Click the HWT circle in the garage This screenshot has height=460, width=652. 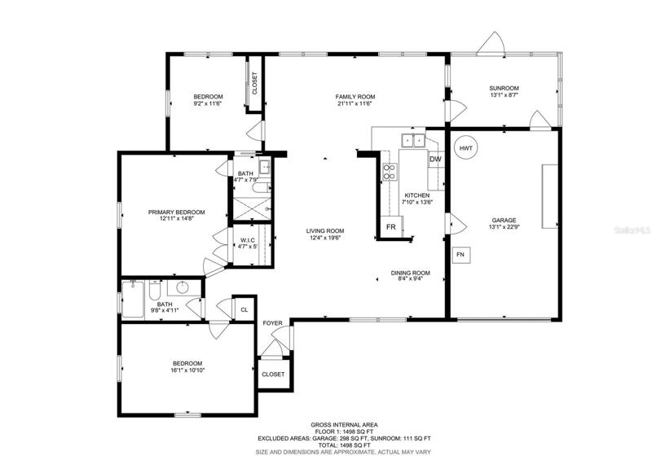click(x=466, y=148)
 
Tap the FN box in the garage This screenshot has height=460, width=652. click(x=460, y=255)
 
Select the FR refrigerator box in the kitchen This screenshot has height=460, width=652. click(x=391, y=227)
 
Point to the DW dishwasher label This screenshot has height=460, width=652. click(x=435, y=160)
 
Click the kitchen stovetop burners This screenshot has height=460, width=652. click(x=390, y=172)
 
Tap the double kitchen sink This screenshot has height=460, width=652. click(x=413, y=141)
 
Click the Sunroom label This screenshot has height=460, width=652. click(x=504, y=88)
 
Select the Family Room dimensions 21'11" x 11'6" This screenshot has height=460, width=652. click(x=355, y=103)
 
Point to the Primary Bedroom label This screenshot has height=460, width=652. click(x=177, y=212)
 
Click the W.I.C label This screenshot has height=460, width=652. click(x=248, y=241)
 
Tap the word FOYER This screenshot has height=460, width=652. click(x=272, y=323)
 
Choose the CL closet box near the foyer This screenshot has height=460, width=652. click(x=244, y=309)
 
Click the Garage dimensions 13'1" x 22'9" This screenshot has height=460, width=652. click(x=504, y=227)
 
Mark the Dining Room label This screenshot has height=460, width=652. click(x=411, y=273)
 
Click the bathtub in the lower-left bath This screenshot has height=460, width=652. click(x=133, y=300)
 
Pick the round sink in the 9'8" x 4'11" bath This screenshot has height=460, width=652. click(x=183, y=287)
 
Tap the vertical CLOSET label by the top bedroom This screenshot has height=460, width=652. click(x=254, y=84)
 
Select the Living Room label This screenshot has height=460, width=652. click(x=325, y=231)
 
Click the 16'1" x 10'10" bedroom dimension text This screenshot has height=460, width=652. click(x=187, y=370)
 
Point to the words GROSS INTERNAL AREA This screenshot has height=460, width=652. click(x=344, y=425)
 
